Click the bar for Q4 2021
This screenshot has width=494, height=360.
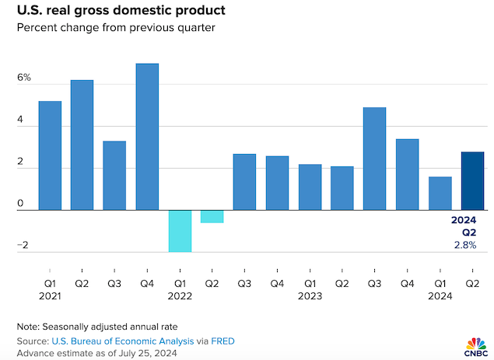tap(147, 137)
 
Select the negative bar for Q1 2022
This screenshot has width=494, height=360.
tap(180, 231)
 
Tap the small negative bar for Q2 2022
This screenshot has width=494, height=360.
tap(212, 217)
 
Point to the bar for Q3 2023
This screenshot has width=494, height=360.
tap(374, 159)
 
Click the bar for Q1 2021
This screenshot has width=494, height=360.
tap(50, 156)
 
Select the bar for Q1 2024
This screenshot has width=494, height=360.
tap(440, 194)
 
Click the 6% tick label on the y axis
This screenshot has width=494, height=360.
tap(23, 78)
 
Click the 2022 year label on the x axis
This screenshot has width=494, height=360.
tap(180, 295)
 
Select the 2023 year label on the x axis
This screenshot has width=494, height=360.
tap(310, 295)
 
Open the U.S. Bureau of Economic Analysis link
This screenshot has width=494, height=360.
tap(101, 341)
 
